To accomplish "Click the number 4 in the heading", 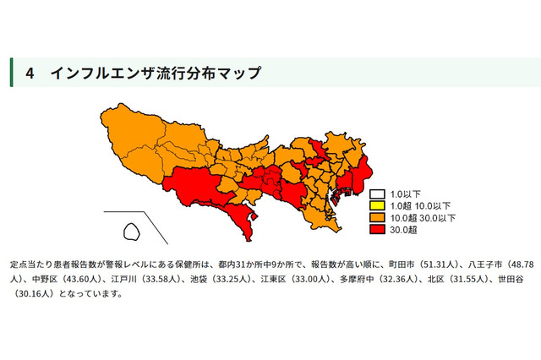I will (30, 74).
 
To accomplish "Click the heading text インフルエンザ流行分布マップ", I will (155, 74).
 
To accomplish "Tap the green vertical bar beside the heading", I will (12, 74).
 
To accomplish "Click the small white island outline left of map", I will (132, 229).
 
